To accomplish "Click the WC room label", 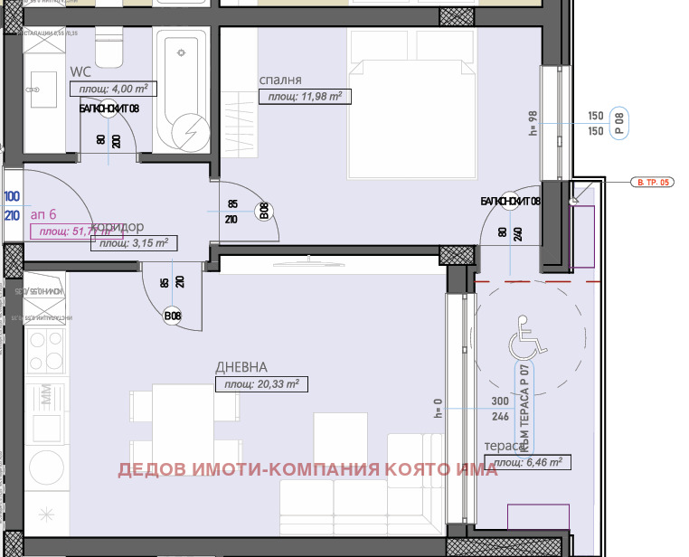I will pyautogui.click(x=81, y=71).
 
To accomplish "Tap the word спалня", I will pyautogui.click(x=279, y=80).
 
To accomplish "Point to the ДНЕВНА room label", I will pyautogui.click(x=241, y=367).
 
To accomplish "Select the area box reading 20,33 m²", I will pyautogui.click(x=262, y=384).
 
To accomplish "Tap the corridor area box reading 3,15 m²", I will pyautogui.click(x=135, y=242).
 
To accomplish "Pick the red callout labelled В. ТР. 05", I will pyautogui.click(x=653, y=183).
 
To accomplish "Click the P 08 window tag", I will pyautogui.click(x=619, y=122).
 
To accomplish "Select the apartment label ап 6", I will pyautogui.click(x=43, y=214).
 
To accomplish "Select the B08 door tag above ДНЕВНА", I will pyautogui.click(x=173, y=316).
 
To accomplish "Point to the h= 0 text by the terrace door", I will pyautogui.click(x=439, y=411).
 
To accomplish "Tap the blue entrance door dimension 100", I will pyautogui.click(x=12, y=196).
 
